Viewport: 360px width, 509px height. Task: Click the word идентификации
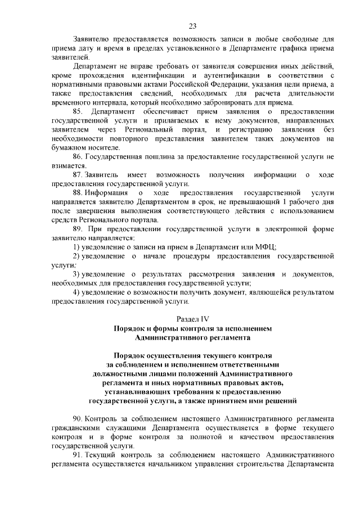click(164, 75)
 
